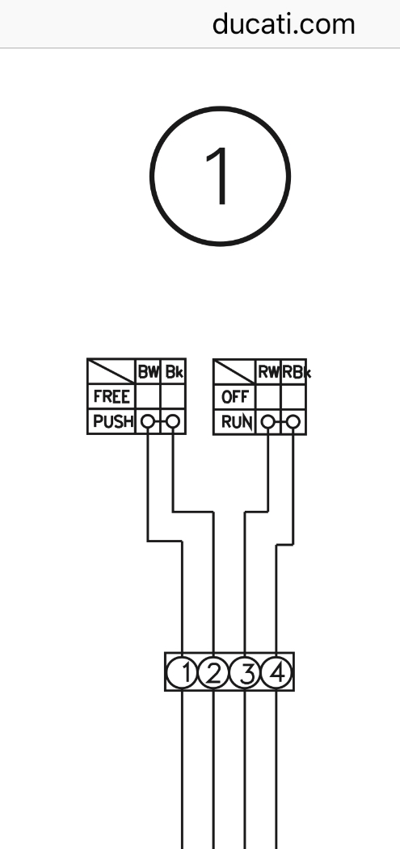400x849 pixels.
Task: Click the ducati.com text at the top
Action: tap(284, 24)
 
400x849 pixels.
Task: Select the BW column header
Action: tap(148, 372)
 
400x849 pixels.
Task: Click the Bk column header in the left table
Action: tap(174, 372)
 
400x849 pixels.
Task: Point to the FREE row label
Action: tap(112, 397)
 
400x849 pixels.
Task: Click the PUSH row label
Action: tap(113, 422)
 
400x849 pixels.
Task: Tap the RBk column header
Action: tap(296, 372)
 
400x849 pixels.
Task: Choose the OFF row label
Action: tap(234, 397)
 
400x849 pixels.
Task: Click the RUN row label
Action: tap(237, 422)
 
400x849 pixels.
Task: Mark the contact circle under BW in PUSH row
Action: tap(147, 422)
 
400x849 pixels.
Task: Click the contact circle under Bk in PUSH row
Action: tap(172, 422)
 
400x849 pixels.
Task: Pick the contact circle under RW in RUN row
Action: tap(267, 422)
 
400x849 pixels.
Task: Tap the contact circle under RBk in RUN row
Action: tap(293, 422)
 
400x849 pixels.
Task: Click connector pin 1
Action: tap(182, 673)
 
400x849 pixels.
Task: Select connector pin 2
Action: tap(213, 673)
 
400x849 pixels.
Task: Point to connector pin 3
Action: tap(245, 673)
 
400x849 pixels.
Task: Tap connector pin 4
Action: tap(276, 673)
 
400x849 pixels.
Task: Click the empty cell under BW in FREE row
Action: tap(148, 397)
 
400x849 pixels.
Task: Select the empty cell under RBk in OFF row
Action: tap(294, 397)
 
